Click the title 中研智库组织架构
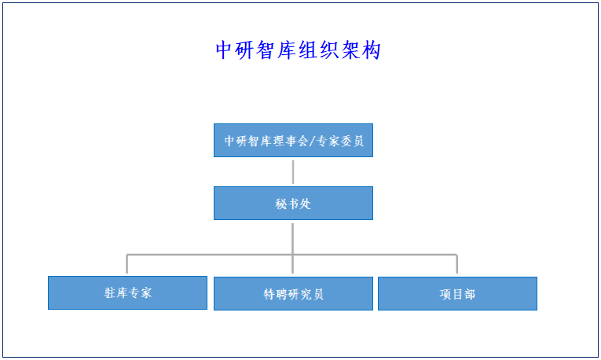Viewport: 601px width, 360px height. click(x=299, y=50)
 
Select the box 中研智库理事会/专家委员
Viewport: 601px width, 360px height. click(x=293, y=141)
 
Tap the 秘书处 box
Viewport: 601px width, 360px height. click(x=293, y=204)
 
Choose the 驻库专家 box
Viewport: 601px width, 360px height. click(x=127, y=293)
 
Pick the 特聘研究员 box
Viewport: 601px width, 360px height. click(x=293, y=294)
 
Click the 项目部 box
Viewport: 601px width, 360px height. click(x=458, y=294)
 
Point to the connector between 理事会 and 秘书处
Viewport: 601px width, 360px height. click(x=293, y=172)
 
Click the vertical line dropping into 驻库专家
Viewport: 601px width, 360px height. click(x=126, y=264)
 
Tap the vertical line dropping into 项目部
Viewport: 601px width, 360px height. click(x=457, y=264)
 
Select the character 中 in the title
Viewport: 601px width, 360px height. click(x=223, y=50)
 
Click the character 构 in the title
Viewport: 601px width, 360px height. click(x=372, y=50)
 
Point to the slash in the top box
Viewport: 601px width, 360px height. click(x=312, y=141)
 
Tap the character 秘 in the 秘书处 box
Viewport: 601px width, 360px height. click(x=280, y=204)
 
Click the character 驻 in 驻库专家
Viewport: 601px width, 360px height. click(x=110, y=293)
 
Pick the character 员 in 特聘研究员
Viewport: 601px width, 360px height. click(x=318, y=294)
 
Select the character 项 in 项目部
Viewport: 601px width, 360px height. click(x=445, y=294)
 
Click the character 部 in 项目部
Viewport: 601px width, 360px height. click(x=470, y=294)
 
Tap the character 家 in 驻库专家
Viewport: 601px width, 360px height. click(x=146, y=293)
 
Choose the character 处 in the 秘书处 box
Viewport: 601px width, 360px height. click(x=306, y=204)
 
